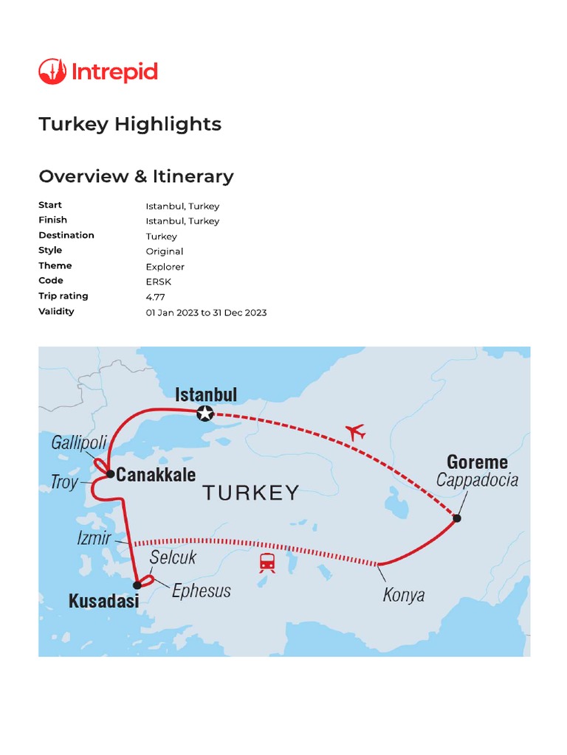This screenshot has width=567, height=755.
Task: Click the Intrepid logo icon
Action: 52,72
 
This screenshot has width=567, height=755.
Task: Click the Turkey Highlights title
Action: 130,124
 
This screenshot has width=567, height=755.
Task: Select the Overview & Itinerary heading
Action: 136,176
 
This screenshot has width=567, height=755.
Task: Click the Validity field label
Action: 56,311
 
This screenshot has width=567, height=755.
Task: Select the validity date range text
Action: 206,313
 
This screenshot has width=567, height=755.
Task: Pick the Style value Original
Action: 164,251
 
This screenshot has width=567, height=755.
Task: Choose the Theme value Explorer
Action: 165,267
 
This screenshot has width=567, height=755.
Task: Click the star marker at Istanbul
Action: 205,414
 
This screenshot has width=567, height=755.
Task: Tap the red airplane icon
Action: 356,431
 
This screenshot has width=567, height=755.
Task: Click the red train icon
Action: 267,563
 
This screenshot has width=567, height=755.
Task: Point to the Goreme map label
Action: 477,462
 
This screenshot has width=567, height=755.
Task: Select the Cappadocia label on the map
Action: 477,481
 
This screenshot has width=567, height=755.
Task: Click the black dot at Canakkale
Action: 110,474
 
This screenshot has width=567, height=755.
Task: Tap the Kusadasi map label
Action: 103,602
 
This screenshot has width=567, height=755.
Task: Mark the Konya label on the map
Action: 403,594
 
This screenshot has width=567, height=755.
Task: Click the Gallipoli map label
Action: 79,443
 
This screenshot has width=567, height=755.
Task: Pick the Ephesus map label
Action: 201,591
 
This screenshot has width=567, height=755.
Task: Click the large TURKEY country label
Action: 251,493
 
